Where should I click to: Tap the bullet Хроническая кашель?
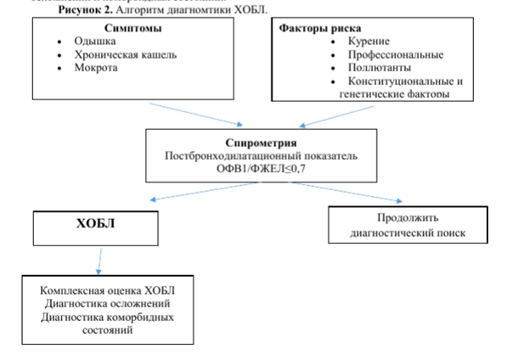click(116, 54)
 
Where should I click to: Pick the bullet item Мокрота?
click(95, 68)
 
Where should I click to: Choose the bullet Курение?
click(369, 41)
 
